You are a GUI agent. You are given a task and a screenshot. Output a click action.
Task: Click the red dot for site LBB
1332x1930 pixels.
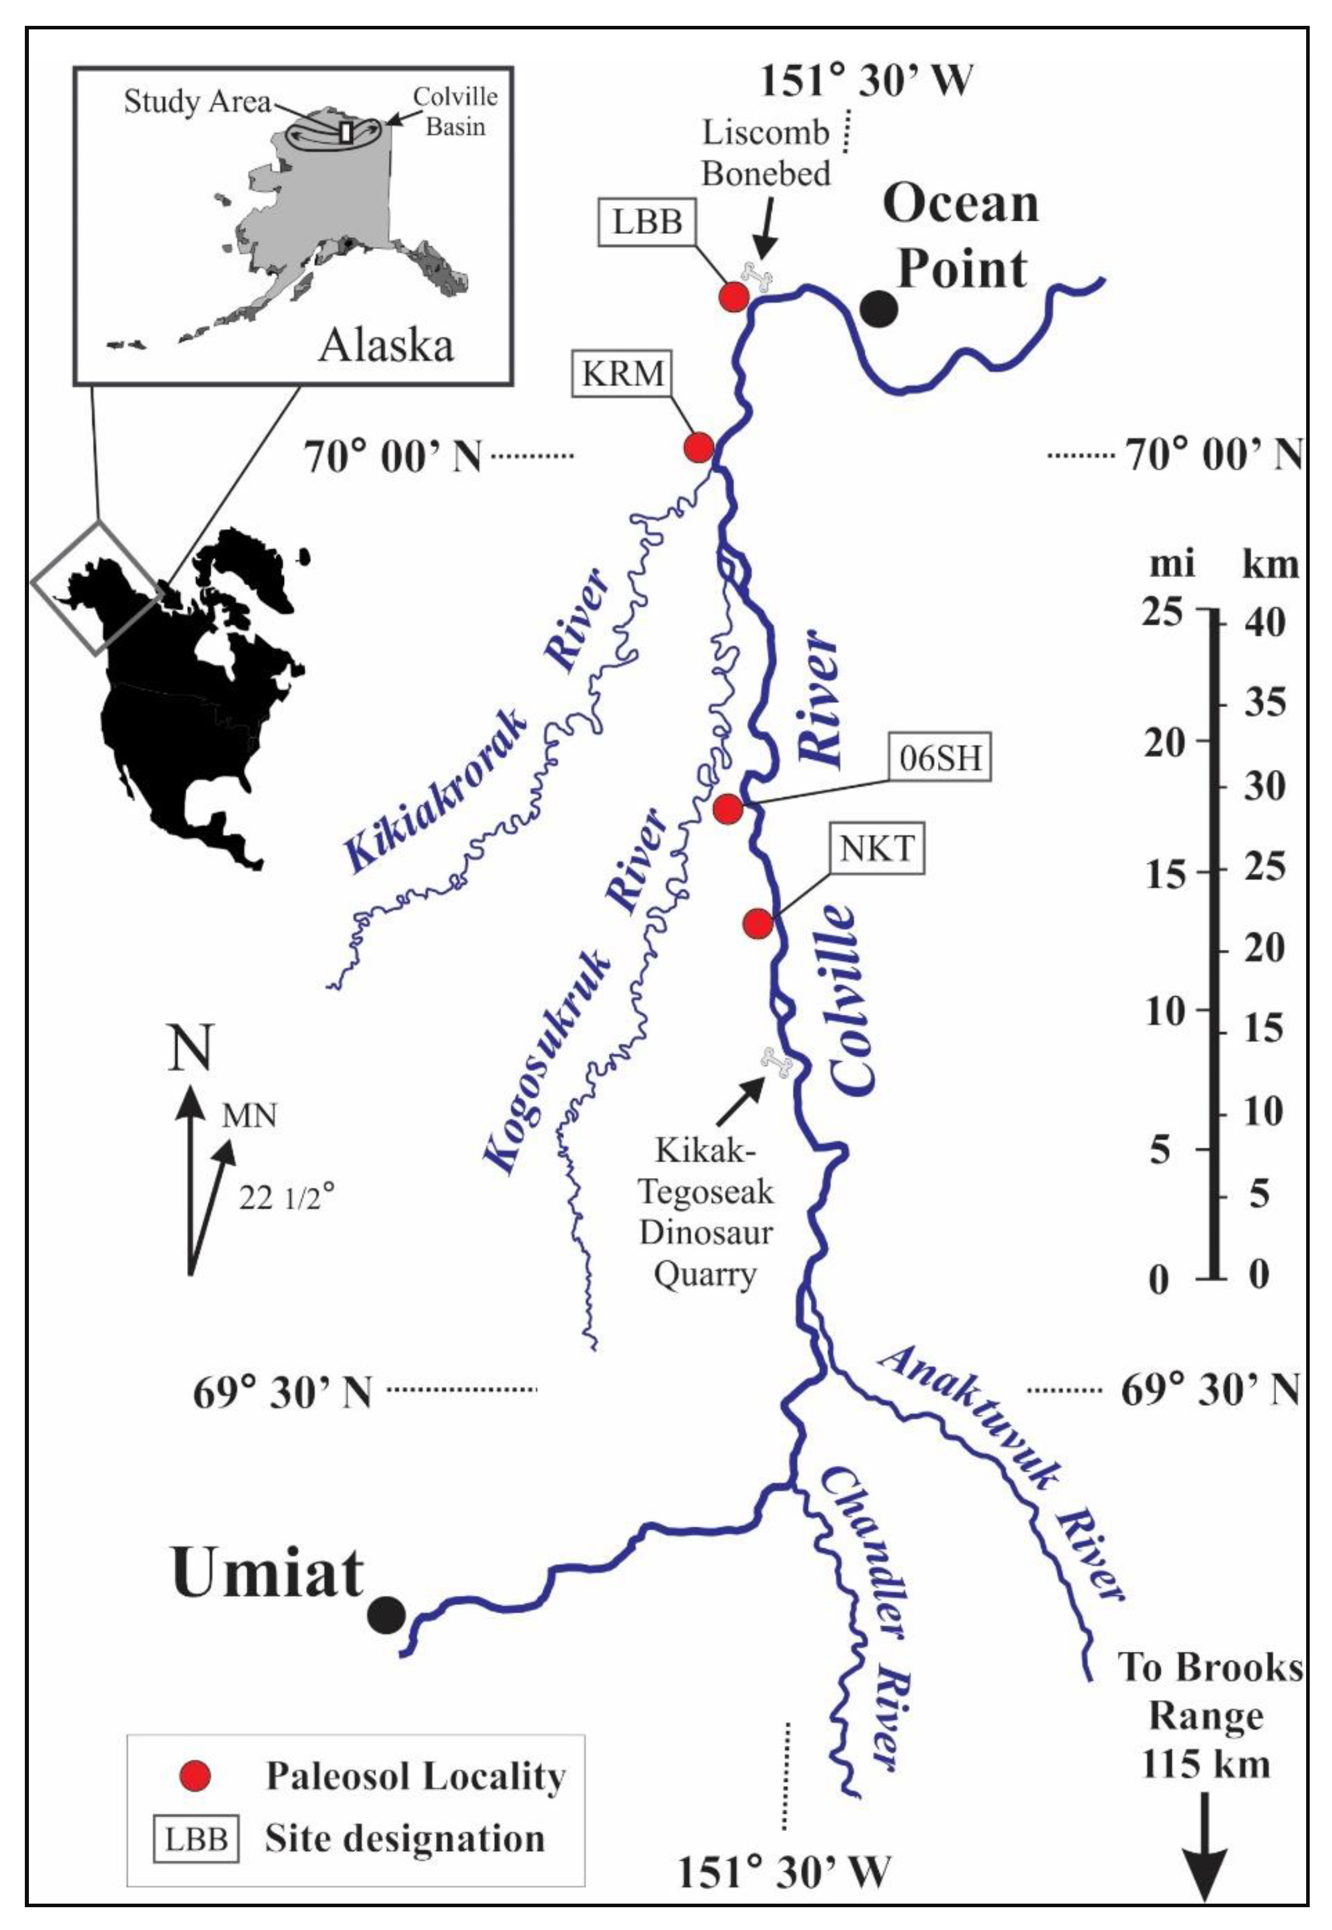[733, 296]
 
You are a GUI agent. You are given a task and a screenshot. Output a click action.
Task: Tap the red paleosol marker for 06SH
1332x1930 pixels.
[728, 808]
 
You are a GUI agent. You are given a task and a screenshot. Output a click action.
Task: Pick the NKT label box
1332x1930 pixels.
[877, 848]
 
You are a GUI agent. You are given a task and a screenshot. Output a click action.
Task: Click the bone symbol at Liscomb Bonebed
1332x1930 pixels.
[759, 276]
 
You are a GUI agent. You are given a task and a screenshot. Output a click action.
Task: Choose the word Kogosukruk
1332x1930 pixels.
[547, 1064]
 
